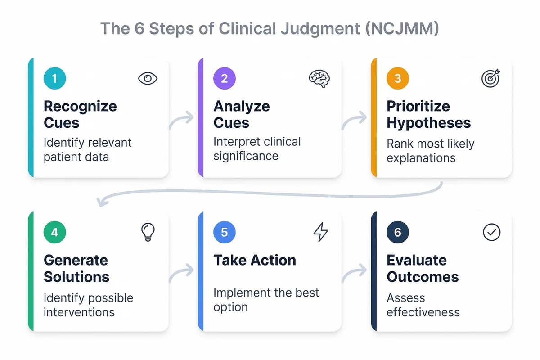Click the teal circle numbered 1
coord(55,78)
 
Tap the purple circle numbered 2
coord(225,78)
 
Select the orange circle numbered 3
coord(398,78)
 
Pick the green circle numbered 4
coord(55,232)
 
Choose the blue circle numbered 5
coord(225,232)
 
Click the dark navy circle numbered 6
coord(398,232)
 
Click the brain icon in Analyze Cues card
coord(319,78)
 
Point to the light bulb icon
coord(148,232)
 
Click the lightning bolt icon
coord(320,232)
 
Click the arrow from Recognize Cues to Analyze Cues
coord(182,121)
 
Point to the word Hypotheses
coord(429,123)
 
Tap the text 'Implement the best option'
coord(266,300)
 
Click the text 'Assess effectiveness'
coord(423,305)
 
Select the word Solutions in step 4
coord(76,276)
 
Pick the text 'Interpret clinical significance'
coord(257,148)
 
